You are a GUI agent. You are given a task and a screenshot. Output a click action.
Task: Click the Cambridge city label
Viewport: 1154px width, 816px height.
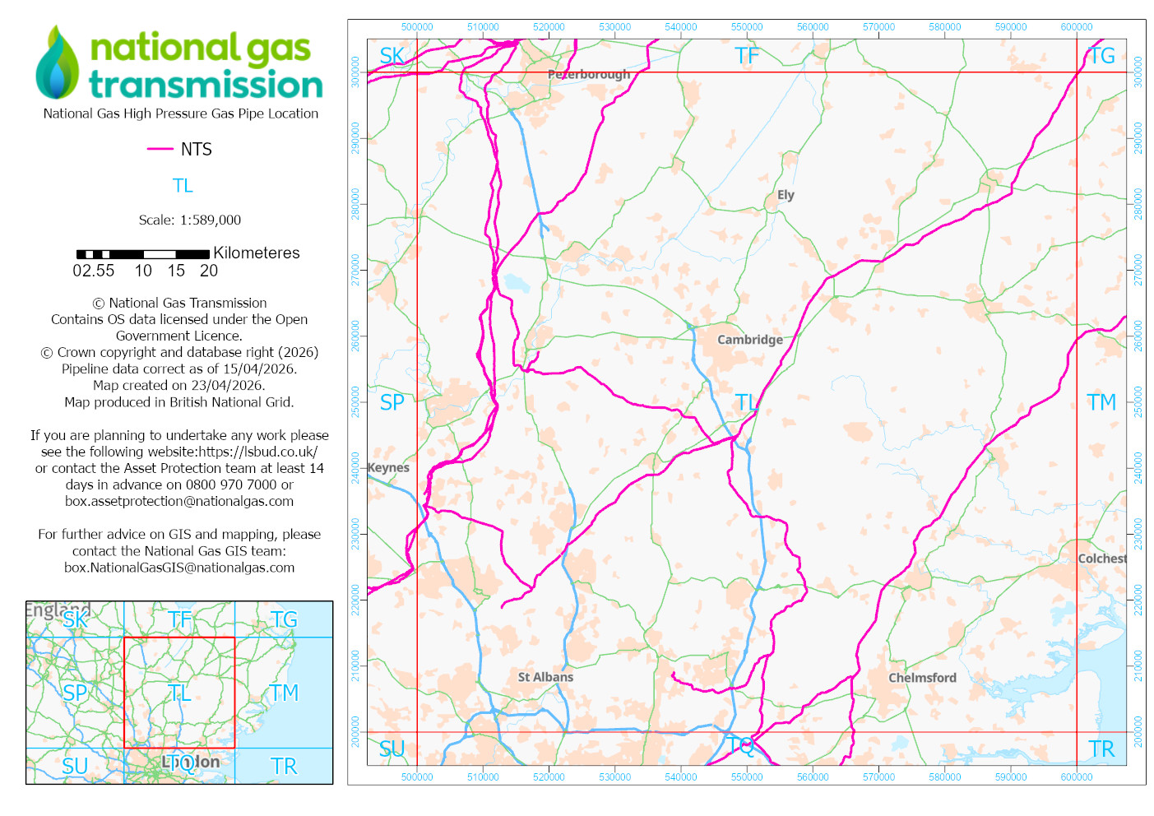[x=749, y=340]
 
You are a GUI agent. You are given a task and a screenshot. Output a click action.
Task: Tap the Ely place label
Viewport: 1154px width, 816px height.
[x=786, y=195]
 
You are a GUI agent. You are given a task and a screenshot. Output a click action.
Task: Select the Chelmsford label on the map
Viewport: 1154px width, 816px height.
[x=922, y=678]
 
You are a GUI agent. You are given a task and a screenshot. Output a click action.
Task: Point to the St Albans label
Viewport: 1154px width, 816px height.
[x=545, y=677]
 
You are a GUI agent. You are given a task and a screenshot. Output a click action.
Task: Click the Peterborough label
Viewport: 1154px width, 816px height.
[x=589, y=74]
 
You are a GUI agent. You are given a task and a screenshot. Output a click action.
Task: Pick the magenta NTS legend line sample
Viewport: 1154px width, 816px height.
[x=160, y=149]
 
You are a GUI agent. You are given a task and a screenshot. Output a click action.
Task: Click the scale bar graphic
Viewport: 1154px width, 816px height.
[x=142, y=254]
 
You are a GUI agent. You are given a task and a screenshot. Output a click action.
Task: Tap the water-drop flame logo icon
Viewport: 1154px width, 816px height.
[x=57, y=63]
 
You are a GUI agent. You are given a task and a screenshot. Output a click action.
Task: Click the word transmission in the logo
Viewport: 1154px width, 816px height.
[x=206, y=85]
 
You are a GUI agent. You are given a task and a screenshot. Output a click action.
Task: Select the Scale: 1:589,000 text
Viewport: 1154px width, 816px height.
[x=190, y=220]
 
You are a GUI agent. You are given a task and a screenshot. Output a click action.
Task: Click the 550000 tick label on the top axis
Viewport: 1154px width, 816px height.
[x=747, y=27]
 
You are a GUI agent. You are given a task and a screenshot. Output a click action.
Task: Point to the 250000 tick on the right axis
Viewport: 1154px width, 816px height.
[x=1138, y=402]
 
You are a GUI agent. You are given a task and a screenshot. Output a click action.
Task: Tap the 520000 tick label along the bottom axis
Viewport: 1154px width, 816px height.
[x=549, y=777]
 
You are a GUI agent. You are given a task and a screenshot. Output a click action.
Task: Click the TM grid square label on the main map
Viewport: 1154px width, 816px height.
[x=1101, y=402]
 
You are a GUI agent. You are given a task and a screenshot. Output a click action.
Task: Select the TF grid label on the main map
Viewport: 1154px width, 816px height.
[x=747, y=56]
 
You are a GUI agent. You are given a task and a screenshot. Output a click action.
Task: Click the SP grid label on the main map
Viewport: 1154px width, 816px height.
[x=392, y=402]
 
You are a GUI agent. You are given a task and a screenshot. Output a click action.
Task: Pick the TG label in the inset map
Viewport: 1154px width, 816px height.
[x=284, y=619]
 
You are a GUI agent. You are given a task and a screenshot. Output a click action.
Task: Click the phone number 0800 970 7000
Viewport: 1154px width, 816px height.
[x=225, y=484]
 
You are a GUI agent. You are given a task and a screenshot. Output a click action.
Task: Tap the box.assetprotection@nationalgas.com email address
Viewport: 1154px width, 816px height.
[x=179, y=501]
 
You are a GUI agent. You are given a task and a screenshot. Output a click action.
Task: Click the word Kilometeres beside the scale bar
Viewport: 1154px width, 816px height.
[x=257, y=253]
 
